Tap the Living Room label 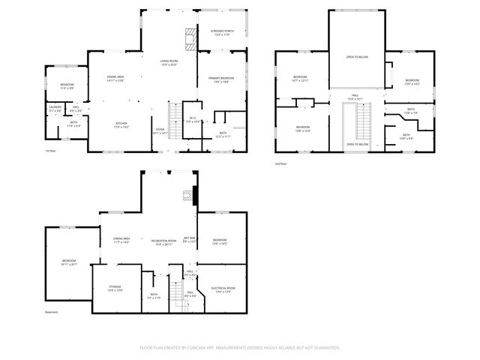click(169, 62)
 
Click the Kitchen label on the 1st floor click(121, 124)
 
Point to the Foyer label click(160, 130)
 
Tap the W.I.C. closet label click(192, 120)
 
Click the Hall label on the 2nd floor click(355, 97)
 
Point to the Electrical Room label click(224, 289)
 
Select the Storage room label click(115, 289)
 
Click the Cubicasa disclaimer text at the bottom click(240, 347)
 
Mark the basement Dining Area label click(121, 241)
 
